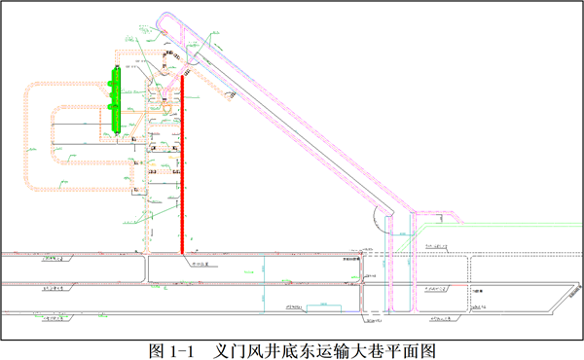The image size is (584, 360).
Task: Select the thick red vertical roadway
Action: (x=182, y=165)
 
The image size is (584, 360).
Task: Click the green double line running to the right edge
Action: (x=506, y=235)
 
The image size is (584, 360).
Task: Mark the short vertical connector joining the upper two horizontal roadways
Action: (x=146, y=269)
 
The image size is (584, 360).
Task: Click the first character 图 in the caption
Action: (x=157, y=347)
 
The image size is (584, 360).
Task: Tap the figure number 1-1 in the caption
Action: (x=184, y=347)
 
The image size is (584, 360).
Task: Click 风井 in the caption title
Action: (x=262, y=347)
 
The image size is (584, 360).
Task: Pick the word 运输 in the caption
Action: (x=328, y=347)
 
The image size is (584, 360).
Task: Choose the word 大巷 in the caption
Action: (x=361, y=347)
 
